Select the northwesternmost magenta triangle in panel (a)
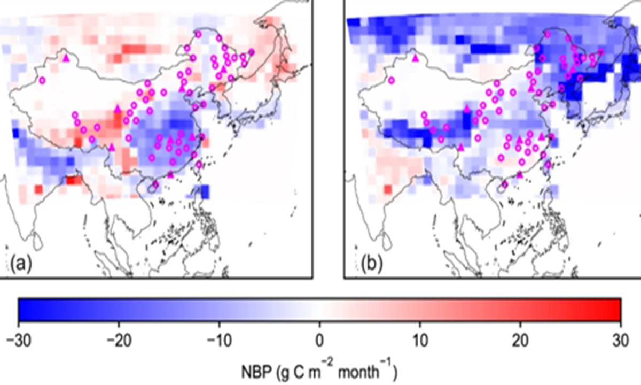(66, 57)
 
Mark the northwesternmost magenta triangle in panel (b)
(415, 57)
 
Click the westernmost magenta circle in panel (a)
(42, 80)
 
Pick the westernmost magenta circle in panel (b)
(391, 81)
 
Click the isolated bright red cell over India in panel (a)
(38, 189)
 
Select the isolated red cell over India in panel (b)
(387, 189)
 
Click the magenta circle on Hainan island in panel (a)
(155, 184)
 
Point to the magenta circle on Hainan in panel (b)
(504, 184)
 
